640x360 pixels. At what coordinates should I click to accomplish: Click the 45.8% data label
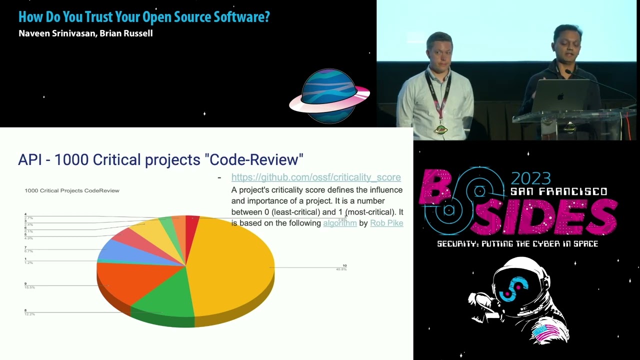pyautogui.click(x=341, y=269)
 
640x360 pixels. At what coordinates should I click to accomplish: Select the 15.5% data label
pyautogui.click(x=30, y=287)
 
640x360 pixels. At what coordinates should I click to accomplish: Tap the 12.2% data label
pyautogui.click(x=30, y=314)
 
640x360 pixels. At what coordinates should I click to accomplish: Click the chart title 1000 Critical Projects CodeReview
pyautogui.click(x=72, y=190)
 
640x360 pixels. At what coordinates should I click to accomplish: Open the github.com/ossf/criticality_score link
pyautogui.click(x=315, y=177)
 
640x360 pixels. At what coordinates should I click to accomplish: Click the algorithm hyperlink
pyautogui.click(x=339, y=223)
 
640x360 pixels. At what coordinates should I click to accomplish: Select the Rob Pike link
pyautogui.click(x=386, y=223)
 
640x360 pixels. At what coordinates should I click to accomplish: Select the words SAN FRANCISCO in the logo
pyautogui.click(x=558, y=191)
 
